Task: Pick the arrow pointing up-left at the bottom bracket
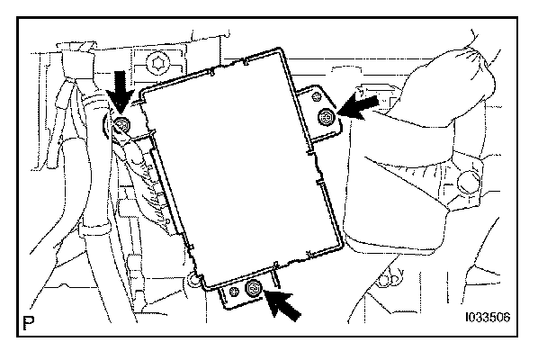285,305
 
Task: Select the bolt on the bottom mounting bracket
254,289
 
